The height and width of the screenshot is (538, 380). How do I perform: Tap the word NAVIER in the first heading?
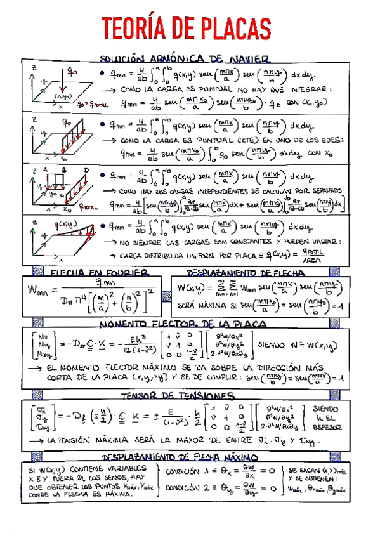(x=251, y=60)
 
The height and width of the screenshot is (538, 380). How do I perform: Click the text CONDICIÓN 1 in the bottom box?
(x=193, y=471)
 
